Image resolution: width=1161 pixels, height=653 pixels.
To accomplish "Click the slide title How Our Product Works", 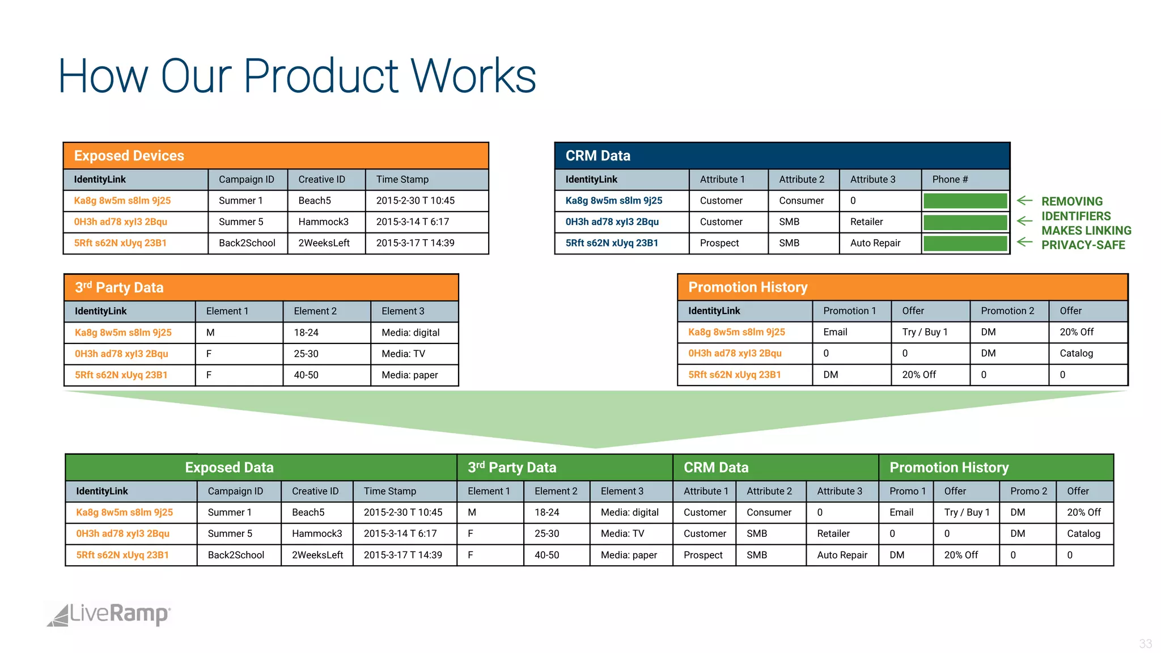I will click(x=297, y=76).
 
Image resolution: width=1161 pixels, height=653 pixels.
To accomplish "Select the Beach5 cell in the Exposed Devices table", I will click(x=315, y=201).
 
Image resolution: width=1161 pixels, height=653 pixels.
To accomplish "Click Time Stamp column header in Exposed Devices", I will click(x=402, y=180).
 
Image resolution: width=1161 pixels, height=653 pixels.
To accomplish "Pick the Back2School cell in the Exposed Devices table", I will click(x=247, y=243).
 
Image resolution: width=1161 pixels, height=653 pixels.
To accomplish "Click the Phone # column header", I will click(x=950, y=180).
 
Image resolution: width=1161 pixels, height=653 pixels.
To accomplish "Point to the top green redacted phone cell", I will click(x=965, y=201).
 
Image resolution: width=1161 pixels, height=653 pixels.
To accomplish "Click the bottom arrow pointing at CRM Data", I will click(x=1024, y=242).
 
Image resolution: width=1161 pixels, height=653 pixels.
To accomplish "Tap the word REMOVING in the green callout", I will click(x=1072, y=202).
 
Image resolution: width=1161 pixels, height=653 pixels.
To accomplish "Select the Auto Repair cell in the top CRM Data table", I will click(x=875, y=243).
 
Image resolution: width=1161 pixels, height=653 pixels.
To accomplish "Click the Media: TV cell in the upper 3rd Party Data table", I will click(x=403, y=354).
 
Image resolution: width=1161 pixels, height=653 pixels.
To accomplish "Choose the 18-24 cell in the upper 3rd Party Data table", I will click(x=306, y=333).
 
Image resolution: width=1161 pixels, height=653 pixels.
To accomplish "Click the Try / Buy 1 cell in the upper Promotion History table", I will click(x=925, y=332).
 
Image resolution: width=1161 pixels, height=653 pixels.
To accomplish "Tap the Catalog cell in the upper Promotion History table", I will click(x=1076, y=353).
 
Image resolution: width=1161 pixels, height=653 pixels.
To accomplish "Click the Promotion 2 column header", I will click(x=1007, y=311).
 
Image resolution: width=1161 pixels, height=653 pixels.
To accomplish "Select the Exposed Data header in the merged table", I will click(x=230, y=468).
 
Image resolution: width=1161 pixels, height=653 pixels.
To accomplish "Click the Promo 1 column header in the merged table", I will click(x=907, y=491).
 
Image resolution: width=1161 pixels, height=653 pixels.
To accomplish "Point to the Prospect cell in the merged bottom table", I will click(x=703, y=555).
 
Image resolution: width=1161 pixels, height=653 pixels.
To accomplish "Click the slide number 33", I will click(x=1145, y=644).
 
